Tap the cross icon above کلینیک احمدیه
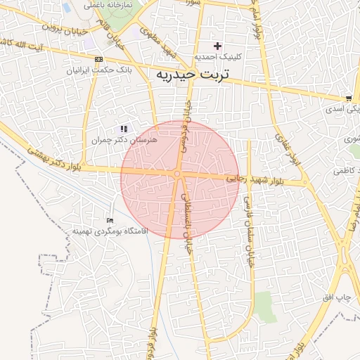coord(218,46)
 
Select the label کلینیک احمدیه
coord(218,57)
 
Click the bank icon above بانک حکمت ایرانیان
coord(98,59)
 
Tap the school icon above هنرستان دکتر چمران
coord(124,129)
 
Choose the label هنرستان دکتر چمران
coord(124,141)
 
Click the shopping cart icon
coord(349,98)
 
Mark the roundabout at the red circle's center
coord(178,174)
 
